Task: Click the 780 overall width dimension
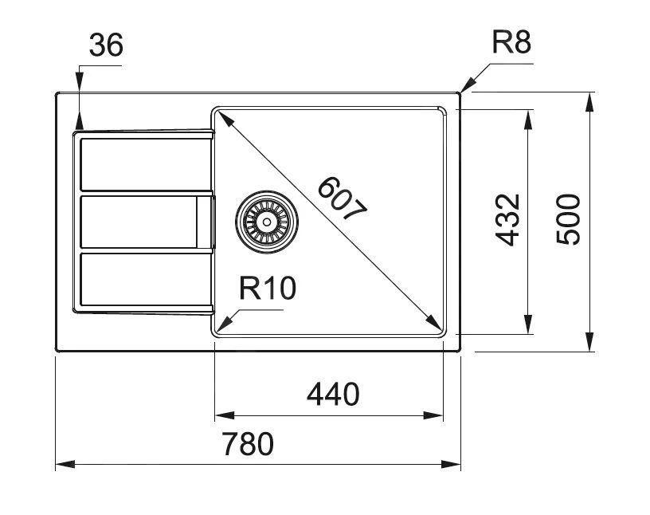coord(249,444)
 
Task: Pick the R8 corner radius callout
coord(511,42)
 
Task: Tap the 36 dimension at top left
coord(105,46)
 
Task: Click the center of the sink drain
coord(267,220)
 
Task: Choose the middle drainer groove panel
coord(139,222)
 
